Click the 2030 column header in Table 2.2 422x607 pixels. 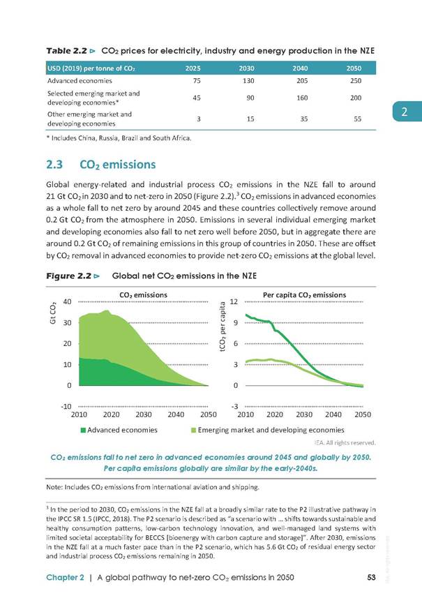click(x=246, y=68)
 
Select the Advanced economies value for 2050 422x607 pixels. click(x=356, y=81)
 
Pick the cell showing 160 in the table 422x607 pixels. click(x=302, y=98)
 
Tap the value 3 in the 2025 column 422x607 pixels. click(x=199, y=119)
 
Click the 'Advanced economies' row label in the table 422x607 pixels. click(x=80, y=81)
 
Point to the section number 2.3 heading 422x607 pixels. click(x=54, y=165)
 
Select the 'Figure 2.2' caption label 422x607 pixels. click(x=69, y=276)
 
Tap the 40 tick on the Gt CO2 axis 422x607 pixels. click(x=67, y=302)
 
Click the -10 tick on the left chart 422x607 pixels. click(x=66, y=407)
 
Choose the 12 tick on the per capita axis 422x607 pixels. click(x=234, y=302)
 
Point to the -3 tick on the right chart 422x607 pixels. click(x=234, y=407)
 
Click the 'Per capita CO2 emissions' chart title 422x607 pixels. click(x=304, y=295)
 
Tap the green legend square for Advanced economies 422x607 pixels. click(x=83, y=430)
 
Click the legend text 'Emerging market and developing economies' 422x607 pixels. click(x=271, y=430)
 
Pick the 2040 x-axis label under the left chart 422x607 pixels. click(x=176, y=414)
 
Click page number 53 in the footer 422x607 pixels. click(x=371, y=578)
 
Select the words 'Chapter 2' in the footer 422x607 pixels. click(x=65, y=578)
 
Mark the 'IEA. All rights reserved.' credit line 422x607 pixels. click(x=345, y=442)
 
